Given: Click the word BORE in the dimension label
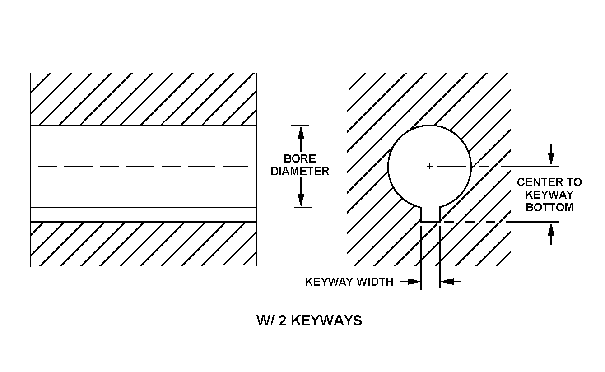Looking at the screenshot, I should point(300,159).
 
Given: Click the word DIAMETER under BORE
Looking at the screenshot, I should point(300,172).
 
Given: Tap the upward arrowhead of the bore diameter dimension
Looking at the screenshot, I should point(301,132).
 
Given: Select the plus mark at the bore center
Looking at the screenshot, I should point(429,167).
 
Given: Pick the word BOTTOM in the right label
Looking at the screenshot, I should point(549,208).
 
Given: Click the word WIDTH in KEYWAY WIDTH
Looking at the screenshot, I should point(375,282).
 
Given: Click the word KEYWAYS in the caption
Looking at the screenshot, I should point(326,321).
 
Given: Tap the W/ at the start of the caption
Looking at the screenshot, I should point(264,321).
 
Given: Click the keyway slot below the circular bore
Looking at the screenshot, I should point(430,214).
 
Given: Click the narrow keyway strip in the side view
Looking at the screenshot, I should point(143,214).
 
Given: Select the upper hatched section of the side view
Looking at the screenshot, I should point(143,99).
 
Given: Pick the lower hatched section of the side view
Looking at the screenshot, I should point(143,244).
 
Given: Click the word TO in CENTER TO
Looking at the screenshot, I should point(573,182).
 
